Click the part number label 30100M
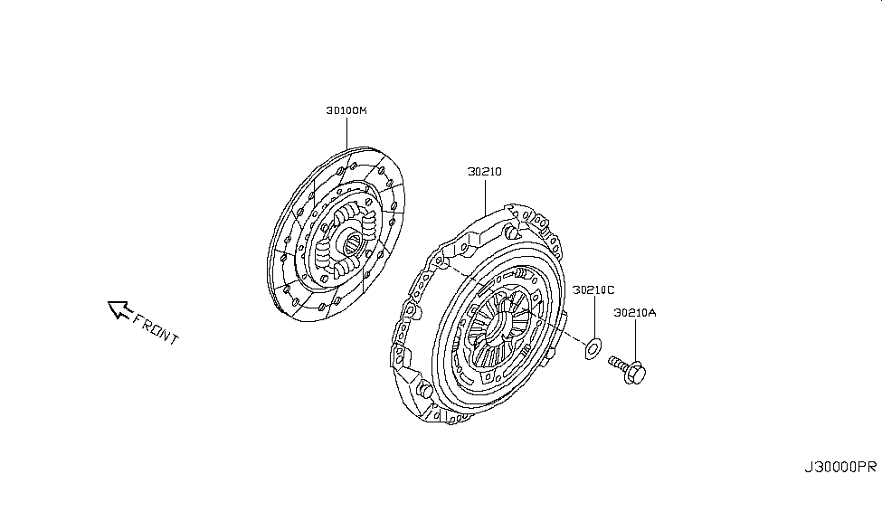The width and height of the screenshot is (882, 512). tap(346, 111)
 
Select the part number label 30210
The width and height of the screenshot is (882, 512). tap(485, 171)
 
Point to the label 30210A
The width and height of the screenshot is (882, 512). tap(635, 314)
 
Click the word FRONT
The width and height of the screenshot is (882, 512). tap(156, 327)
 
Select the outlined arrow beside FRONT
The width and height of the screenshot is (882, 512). tap(118, 310)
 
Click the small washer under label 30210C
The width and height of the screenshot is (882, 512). tap(593, 346)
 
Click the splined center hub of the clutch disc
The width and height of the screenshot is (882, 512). tap(348, 242)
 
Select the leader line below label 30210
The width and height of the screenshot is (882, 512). tap(485, 194)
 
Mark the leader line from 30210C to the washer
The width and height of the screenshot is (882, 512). tap(593, 317)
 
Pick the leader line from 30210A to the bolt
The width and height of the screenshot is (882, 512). tap(635, 338)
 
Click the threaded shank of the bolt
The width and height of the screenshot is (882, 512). tap(618, 364)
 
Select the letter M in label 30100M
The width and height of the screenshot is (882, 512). tap(364, 111)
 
